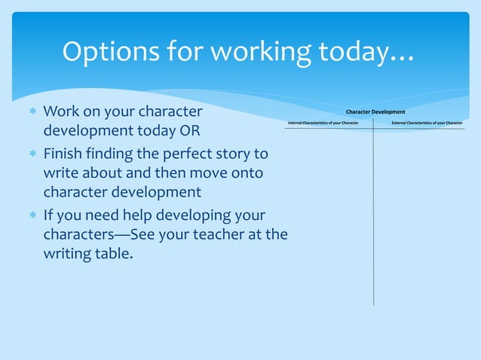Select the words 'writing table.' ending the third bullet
88,255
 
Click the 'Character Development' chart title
375,111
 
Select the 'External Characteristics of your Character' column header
427,122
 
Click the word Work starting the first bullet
60,112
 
